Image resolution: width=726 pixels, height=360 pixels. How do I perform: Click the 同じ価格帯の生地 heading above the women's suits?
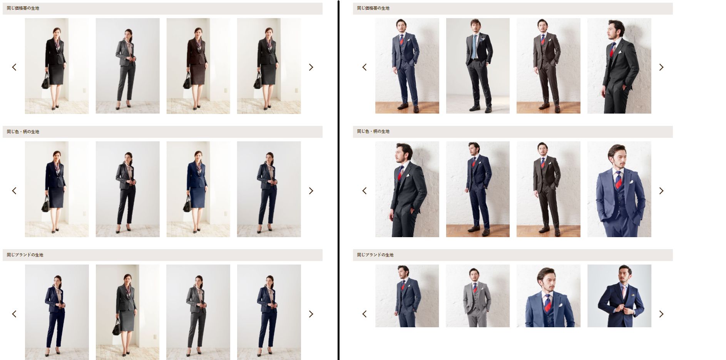[23, 8]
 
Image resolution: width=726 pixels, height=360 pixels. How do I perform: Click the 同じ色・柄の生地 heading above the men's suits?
[373, 131]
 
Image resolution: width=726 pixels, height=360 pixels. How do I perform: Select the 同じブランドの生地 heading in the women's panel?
[25, 255]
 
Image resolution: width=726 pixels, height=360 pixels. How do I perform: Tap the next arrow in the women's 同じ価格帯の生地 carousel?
[311, 67]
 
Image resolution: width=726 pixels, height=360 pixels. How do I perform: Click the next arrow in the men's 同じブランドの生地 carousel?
[661, 314]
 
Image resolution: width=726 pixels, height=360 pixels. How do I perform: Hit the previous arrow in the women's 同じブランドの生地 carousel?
[14, 314]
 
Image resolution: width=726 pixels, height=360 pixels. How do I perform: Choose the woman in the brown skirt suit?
[198, 66]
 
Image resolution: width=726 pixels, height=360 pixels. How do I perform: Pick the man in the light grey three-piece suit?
[478, 296]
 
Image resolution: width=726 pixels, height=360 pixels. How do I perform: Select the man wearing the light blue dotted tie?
[478, 66]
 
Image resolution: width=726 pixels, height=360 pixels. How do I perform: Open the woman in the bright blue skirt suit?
[198, 189]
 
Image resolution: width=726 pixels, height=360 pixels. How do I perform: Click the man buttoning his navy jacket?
[619, 296]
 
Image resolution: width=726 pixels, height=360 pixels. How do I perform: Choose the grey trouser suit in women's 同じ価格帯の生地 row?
[127, 66]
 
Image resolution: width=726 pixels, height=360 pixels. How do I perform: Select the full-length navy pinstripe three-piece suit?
[478, 189]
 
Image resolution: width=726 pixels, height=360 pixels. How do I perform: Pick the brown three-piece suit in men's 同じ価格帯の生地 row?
[549, 66]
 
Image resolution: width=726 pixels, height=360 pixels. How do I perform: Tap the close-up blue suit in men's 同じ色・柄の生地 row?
[619, 189]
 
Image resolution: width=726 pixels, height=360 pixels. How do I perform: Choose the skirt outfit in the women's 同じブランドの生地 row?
[127, 312]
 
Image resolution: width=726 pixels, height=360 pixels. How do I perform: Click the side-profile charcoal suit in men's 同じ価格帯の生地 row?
[619, 66]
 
